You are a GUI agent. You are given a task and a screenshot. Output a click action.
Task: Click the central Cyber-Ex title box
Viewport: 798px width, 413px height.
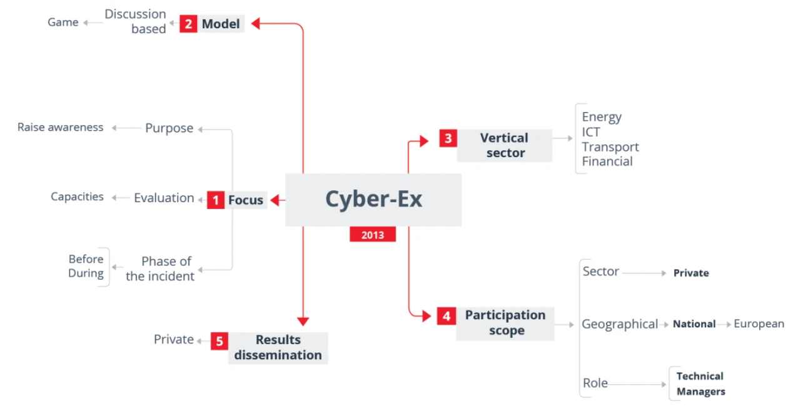tap(373, 200)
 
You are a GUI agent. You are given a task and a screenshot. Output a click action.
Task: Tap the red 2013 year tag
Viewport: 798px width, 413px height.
tap(373, 235)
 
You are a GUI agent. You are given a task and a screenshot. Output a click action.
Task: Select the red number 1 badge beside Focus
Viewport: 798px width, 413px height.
tap(216, 200)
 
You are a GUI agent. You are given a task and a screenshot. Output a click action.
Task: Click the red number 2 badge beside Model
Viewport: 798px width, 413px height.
tap(188, 24)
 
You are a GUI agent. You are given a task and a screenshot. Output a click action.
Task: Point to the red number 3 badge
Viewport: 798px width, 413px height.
tap(448, 138)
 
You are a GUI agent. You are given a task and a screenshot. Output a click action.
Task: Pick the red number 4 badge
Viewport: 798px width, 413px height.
tap(447, 316)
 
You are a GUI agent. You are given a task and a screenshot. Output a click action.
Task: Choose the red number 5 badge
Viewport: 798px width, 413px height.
tap(220, 341)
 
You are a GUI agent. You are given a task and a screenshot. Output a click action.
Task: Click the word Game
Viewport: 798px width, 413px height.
tap(63, 23)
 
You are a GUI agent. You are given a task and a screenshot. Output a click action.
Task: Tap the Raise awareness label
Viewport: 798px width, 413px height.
tap(60, 127)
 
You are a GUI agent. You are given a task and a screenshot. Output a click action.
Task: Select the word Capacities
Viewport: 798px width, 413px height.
tap(77, 196)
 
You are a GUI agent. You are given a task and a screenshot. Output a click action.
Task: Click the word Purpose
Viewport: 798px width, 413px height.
tap(169, 128)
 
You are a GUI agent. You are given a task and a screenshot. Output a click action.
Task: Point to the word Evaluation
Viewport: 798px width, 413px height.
tap(164, 198)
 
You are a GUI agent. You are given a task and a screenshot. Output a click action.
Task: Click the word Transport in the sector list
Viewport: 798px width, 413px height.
tap(610, 147)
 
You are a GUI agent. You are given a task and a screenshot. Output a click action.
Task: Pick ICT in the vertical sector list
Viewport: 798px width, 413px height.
tap(591, 132)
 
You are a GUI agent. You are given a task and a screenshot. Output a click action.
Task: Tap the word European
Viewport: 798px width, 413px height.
tap(759, 324)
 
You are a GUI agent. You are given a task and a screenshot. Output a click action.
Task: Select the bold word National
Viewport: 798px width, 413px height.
tap(694, 324)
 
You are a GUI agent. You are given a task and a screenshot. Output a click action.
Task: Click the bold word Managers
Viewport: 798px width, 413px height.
tap(700, 392)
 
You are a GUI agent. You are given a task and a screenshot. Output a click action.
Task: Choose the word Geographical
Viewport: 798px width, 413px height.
tap(620, 324)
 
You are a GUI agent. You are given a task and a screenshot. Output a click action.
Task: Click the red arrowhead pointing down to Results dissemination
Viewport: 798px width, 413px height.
tap(303, 322)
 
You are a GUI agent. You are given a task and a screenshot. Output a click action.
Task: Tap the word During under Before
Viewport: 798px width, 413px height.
tap(86, 273)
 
